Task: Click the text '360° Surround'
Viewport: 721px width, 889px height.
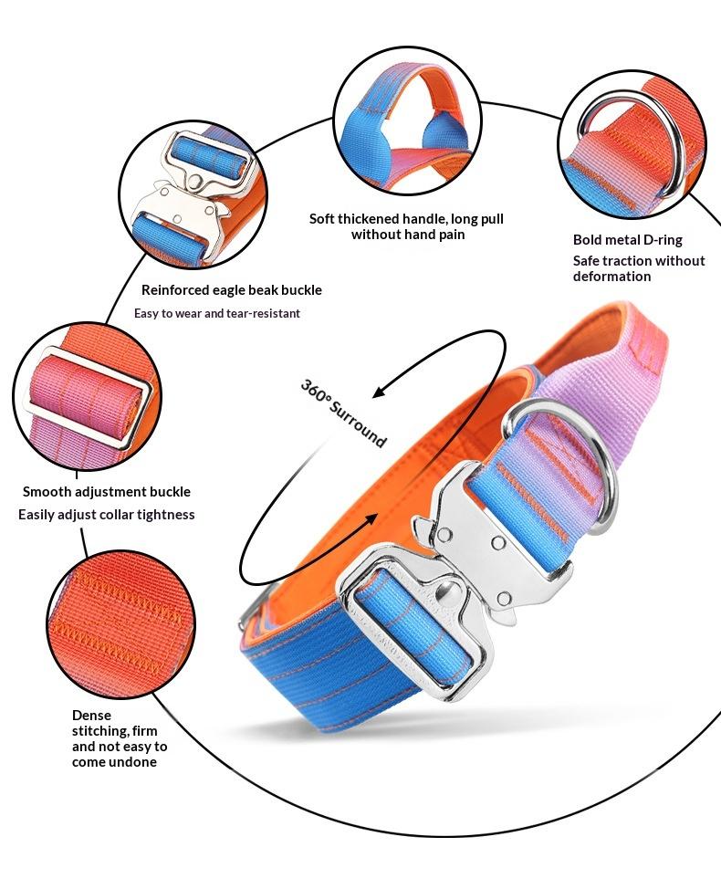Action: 344,412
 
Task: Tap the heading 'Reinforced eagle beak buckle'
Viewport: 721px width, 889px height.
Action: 232,290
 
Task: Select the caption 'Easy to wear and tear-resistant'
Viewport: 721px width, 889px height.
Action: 217,313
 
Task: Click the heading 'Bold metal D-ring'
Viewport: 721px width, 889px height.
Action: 627,240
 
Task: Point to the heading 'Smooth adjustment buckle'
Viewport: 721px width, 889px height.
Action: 107,492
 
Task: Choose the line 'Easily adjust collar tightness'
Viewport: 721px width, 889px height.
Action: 107,515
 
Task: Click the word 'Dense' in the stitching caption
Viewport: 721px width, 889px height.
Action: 91,716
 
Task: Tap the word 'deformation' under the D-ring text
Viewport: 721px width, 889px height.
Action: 611,277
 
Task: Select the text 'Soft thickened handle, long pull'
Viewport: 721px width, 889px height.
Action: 406,219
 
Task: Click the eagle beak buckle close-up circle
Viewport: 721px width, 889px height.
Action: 191,194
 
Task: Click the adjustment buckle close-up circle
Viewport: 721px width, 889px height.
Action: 88,400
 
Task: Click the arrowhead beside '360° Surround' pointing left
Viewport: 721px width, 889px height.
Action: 382,392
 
